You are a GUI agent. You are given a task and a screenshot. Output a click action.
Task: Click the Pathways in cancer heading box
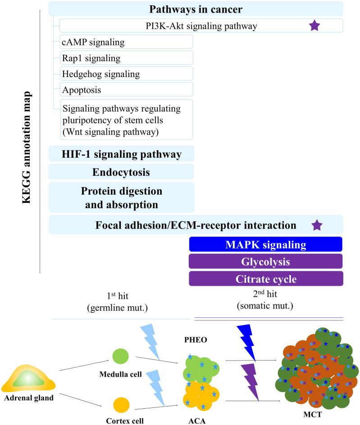pos(196,9)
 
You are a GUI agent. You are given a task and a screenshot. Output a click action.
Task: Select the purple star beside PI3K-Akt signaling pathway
pos(314,26)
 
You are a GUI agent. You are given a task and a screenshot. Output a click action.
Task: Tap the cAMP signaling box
pos(126,42)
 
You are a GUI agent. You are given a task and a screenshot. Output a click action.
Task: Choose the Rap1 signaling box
pos(126,58)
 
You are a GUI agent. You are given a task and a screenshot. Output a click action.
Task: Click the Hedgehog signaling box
pos(126,73)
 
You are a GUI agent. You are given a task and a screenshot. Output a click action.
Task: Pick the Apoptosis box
pos(126,89)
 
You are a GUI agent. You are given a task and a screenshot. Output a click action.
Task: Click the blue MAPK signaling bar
pos(266,244)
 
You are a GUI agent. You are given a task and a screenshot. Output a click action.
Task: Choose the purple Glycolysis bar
pos(266,261)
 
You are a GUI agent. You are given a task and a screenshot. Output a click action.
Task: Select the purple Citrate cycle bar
pos(266,279)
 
